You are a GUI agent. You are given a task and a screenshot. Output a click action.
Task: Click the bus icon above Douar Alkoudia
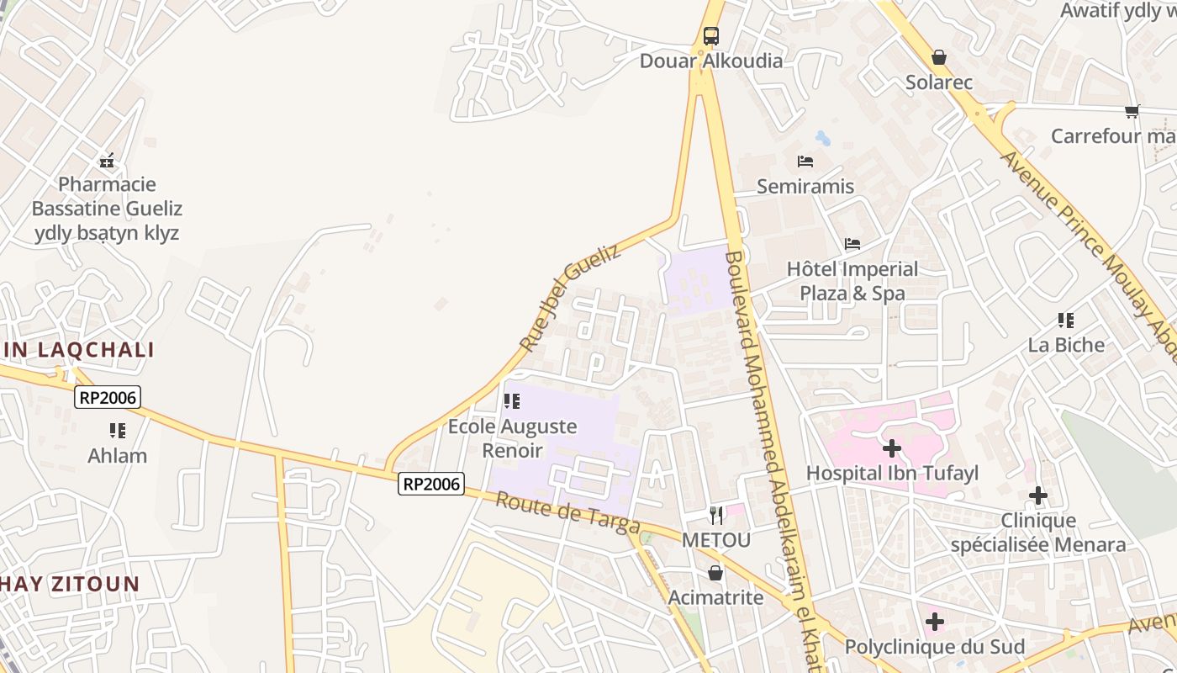(x=711, y=36)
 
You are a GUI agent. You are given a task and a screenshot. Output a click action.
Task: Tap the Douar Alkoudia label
(x=711, y=61)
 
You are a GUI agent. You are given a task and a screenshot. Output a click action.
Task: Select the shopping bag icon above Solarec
(x=939, y=57)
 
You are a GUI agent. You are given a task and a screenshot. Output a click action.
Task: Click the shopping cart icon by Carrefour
(x=1132, y=111)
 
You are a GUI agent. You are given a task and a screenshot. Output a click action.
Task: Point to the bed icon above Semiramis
(x=805, y=162)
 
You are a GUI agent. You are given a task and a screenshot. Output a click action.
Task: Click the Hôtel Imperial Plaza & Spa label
(x=852, y=281)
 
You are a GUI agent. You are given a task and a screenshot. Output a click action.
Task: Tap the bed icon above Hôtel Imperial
(x=852, y=245)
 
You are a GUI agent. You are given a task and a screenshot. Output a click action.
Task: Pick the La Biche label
(x=1066, y=345)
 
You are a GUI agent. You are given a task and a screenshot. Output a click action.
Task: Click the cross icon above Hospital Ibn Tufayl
(x=892, y=448)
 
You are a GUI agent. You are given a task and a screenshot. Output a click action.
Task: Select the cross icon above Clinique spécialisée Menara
(x=1038, y=495)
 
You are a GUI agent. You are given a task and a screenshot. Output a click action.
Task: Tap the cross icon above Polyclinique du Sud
(x=934, y=623)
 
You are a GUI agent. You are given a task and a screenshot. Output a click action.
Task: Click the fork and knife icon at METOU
(x=716, y=515)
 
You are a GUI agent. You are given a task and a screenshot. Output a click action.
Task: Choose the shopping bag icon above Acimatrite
(x=715, y=573)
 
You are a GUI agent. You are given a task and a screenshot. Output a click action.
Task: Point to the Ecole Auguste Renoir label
(x=512, y=438)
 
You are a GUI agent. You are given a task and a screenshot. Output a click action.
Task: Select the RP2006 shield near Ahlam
(x=107, y=397)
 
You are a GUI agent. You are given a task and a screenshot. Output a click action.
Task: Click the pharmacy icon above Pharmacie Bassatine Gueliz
(x=107, y=160)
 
